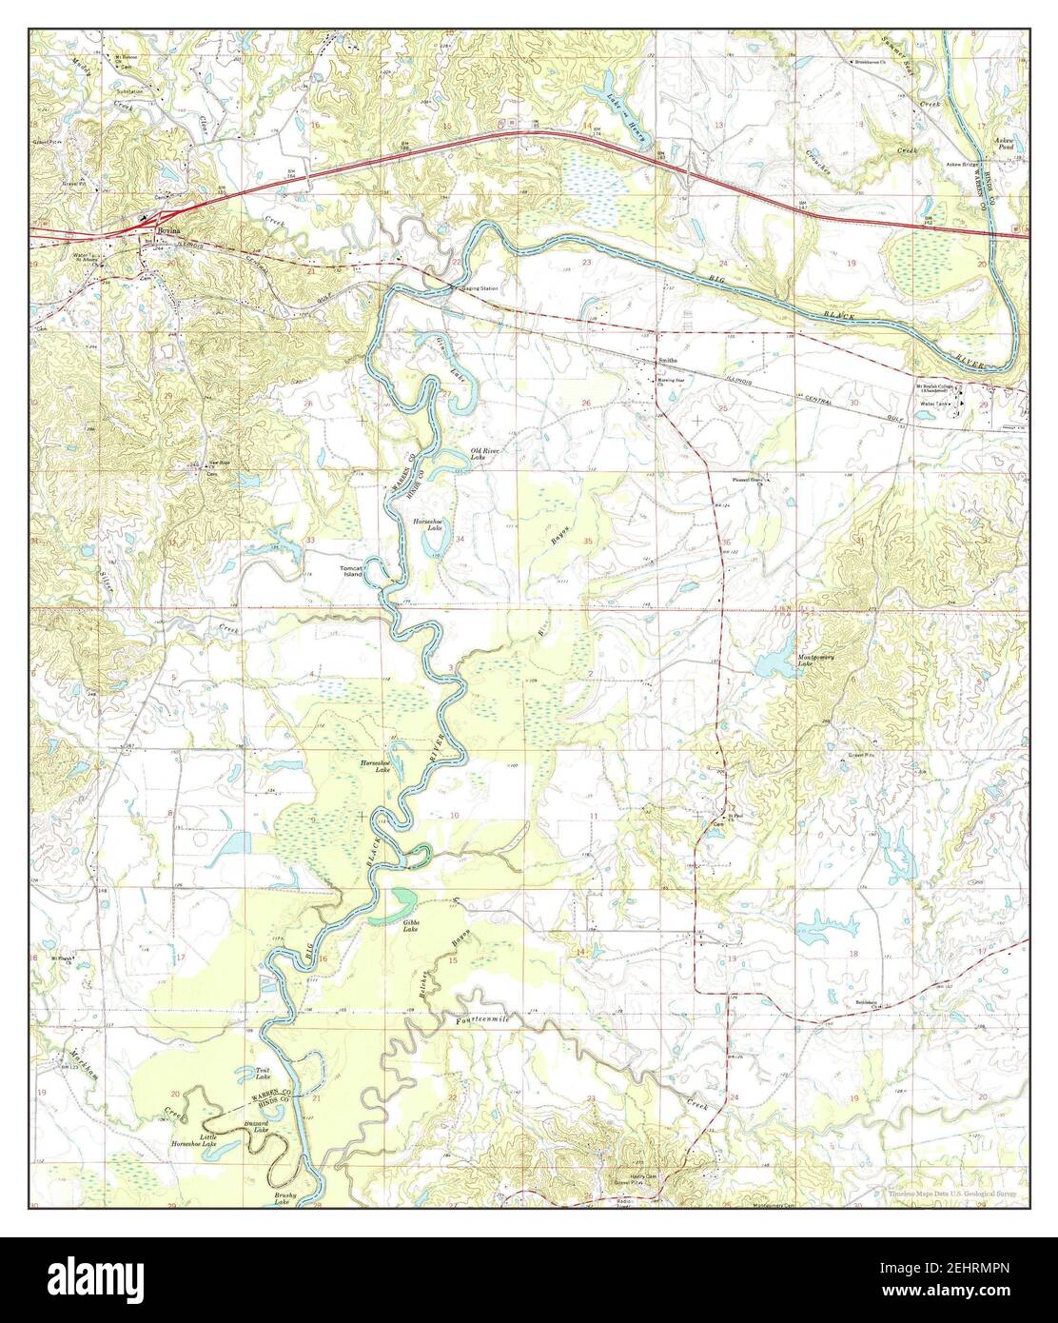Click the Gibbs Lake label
pos(411,925)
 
